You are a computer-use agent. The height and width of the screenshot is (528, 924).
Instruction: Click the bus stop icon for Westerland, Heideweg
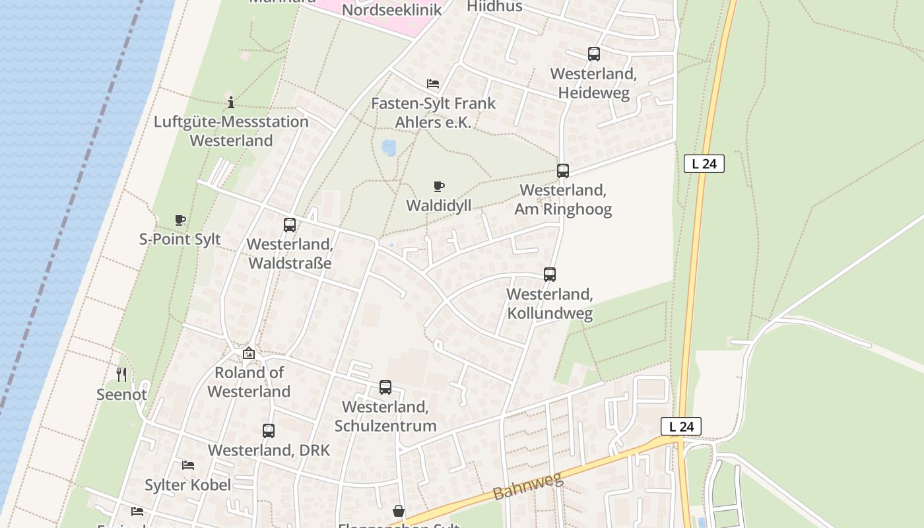pyautogui.click(x=594, y=54)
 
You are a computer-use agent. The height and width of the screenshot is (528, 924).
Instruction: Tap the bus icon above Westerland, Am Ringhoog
pyautogui.click(x=563, y=171)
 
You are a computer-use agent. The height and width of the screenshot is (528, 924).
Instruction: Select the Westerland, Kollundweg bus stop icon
pyautogui.click(x=550, y=275)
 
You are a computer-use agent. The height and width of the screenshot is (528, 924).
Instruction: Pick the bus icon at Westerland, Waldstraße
pyautogui.click(x=290, y=225)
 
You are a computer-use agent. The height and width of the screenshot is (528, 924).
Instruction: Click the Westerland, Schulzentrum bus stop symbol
pyautogui.click(x=385, y=387)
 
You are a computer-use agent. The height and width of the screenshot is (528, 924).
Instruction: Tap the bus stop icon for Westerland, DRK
pyautogui.click(x=269, y=431)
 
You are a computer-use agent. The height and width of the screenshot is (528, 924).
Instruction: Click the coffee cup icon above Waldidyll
pyautogui.click(x=439, y=187)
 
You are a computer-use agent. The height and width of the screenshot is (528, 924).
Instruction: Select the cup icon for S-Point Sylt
pyautogui.click(x=180, y=220)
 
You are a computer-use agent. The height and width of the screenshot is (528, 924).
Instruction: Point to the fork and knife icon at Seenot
pyautogui.click(x=121, y=375)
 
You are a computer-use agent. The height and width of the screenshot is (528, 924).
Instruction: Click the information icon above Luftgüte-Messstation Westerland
pyautogui.click(x=231, y=102)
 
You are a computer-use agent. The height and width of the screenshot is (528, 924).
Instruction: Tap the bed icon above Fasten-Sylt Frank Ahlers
pyautogui.click(x=433, y=84)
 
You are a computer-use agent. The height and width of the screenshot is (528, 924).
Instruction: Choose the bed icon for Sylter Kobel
pyautogui.click(x=188, y=465)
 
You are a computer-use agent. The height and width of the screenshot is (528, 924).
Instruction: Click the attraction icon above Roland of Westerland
pyautogui.click(x=249, y=354)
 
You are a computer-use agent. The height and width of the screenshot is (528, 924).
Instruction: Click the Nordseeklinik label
pyautogui.click(x=392, y=10)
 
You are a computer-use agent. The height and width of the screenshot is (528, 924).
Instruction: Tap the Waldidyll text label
pyautogui.click(x=439, y=205)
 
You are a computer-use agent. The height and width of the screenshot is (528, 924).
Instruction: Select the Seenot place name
pyautogui.click(x=121, y=395)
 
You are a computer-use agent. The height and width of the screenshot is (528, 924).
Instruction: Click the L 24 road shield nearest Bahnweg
pyautogui.click(x=681, y=426)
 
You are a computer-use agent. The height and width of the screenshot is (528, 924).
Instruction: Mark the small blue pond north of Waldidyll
pyautogui.click(x=389, y=147)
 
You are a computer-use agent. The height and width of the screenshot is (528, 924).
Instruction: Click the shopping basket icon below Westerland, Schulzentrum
pyautogui.click(x=399, y=511)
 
